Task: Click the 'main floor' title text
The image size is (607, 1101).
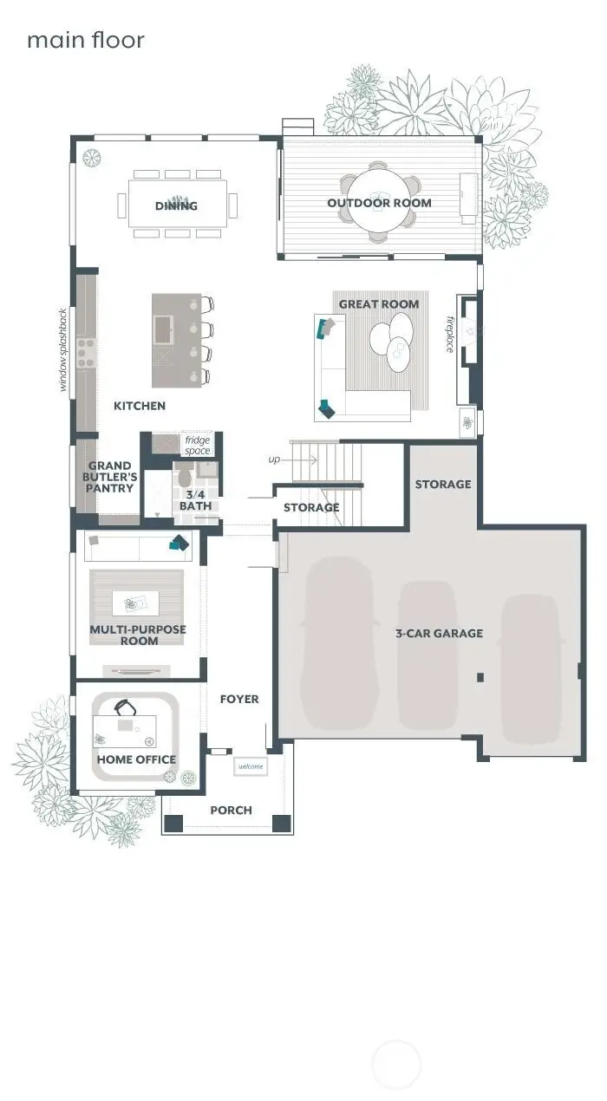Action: pyautogui.click(x=85, y=40)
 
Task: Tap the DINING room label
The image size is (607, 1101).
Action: pyautogui.click(x=177, y=205)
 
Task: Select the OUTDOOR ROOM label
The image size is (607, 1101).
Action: pyautogui.click(x=379, y=203)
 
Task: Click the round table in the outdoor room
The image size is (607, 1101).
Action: pyautogui.click(x=379, y=201)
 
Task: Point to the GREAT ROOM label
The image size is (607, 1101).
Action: pyautogui.click(x=379, y=303)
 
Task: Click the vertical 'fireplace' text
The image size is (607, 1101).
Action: pyautogui.click(x=450, y=334)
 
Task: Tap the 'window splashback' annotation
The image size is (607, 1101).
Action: pyautogui.click(x=63, y=349)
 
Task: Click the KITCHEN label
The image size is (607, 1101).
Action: pyautogui.click(x=140, y=405)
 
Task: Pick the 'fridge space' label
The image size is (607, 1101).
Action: pyautogui.click(x=198, y=446)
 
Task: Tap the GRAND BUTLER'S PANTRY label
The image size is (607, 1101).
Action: pyautogui.click(x=109, y=477)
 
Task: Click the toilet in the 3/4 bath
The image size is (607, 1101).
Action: pyautogui.click(x=183, y=477)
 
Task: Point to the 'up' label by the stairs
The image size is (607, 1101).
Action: pyautogui.click(x=274, y=459)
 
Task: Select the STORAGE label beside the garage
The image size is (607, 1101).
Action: pyautogui.click(x=442, y=484)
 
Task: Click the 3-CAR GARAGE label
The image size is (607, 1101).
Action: pyautogui.click(x=439, y=633)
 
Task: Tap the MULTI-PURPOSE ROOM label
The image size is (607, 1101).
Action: pyautogui.click(x=138, y=635)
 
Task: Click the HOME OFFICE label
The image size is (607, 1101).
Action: pyautogui.click(x=136, y=759)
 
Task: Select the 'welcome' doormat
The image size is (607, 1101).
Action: pyautogui.click(x=251, y=766)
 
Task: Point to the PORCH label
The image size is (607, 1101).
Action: pyautogui.click(x=231, y=810)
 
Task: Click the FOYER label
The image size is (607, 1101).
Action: pyautogui.click(x=239, y=699)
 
